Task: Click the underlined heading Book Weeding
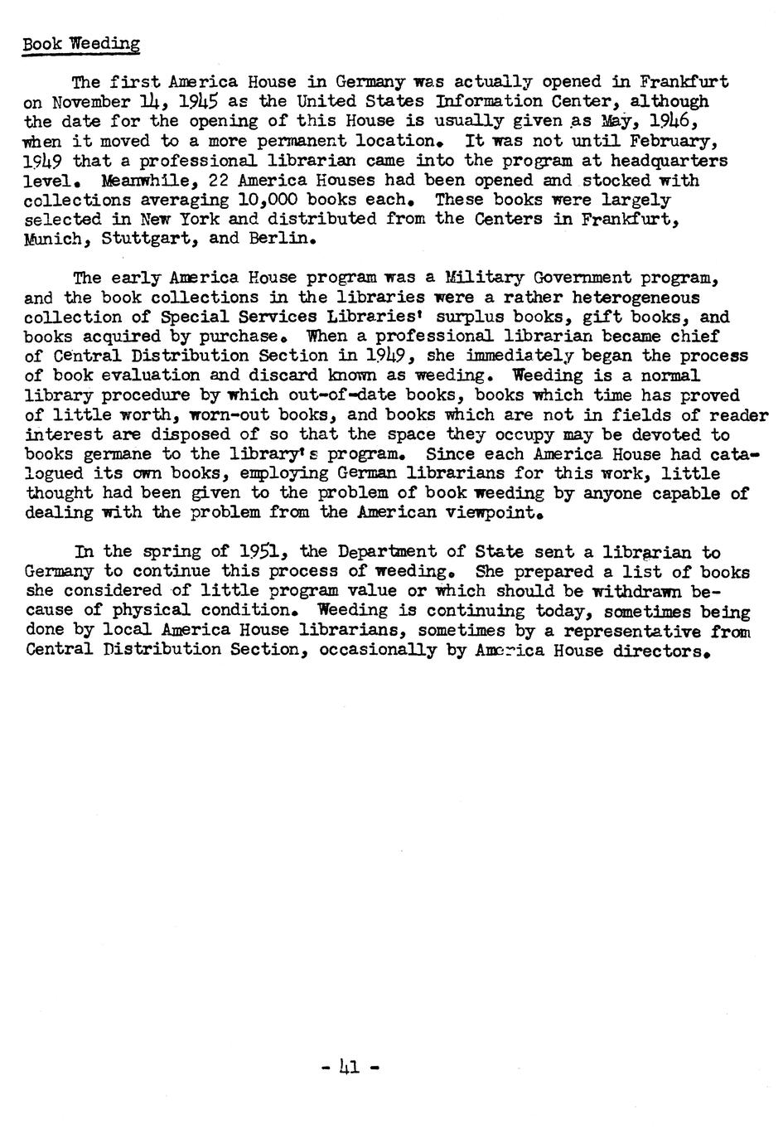click(x=81, y=44)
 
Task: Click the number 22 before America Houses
click(x=220, y=181)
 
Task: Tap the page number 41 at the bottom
click(x=349, y=1068)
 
